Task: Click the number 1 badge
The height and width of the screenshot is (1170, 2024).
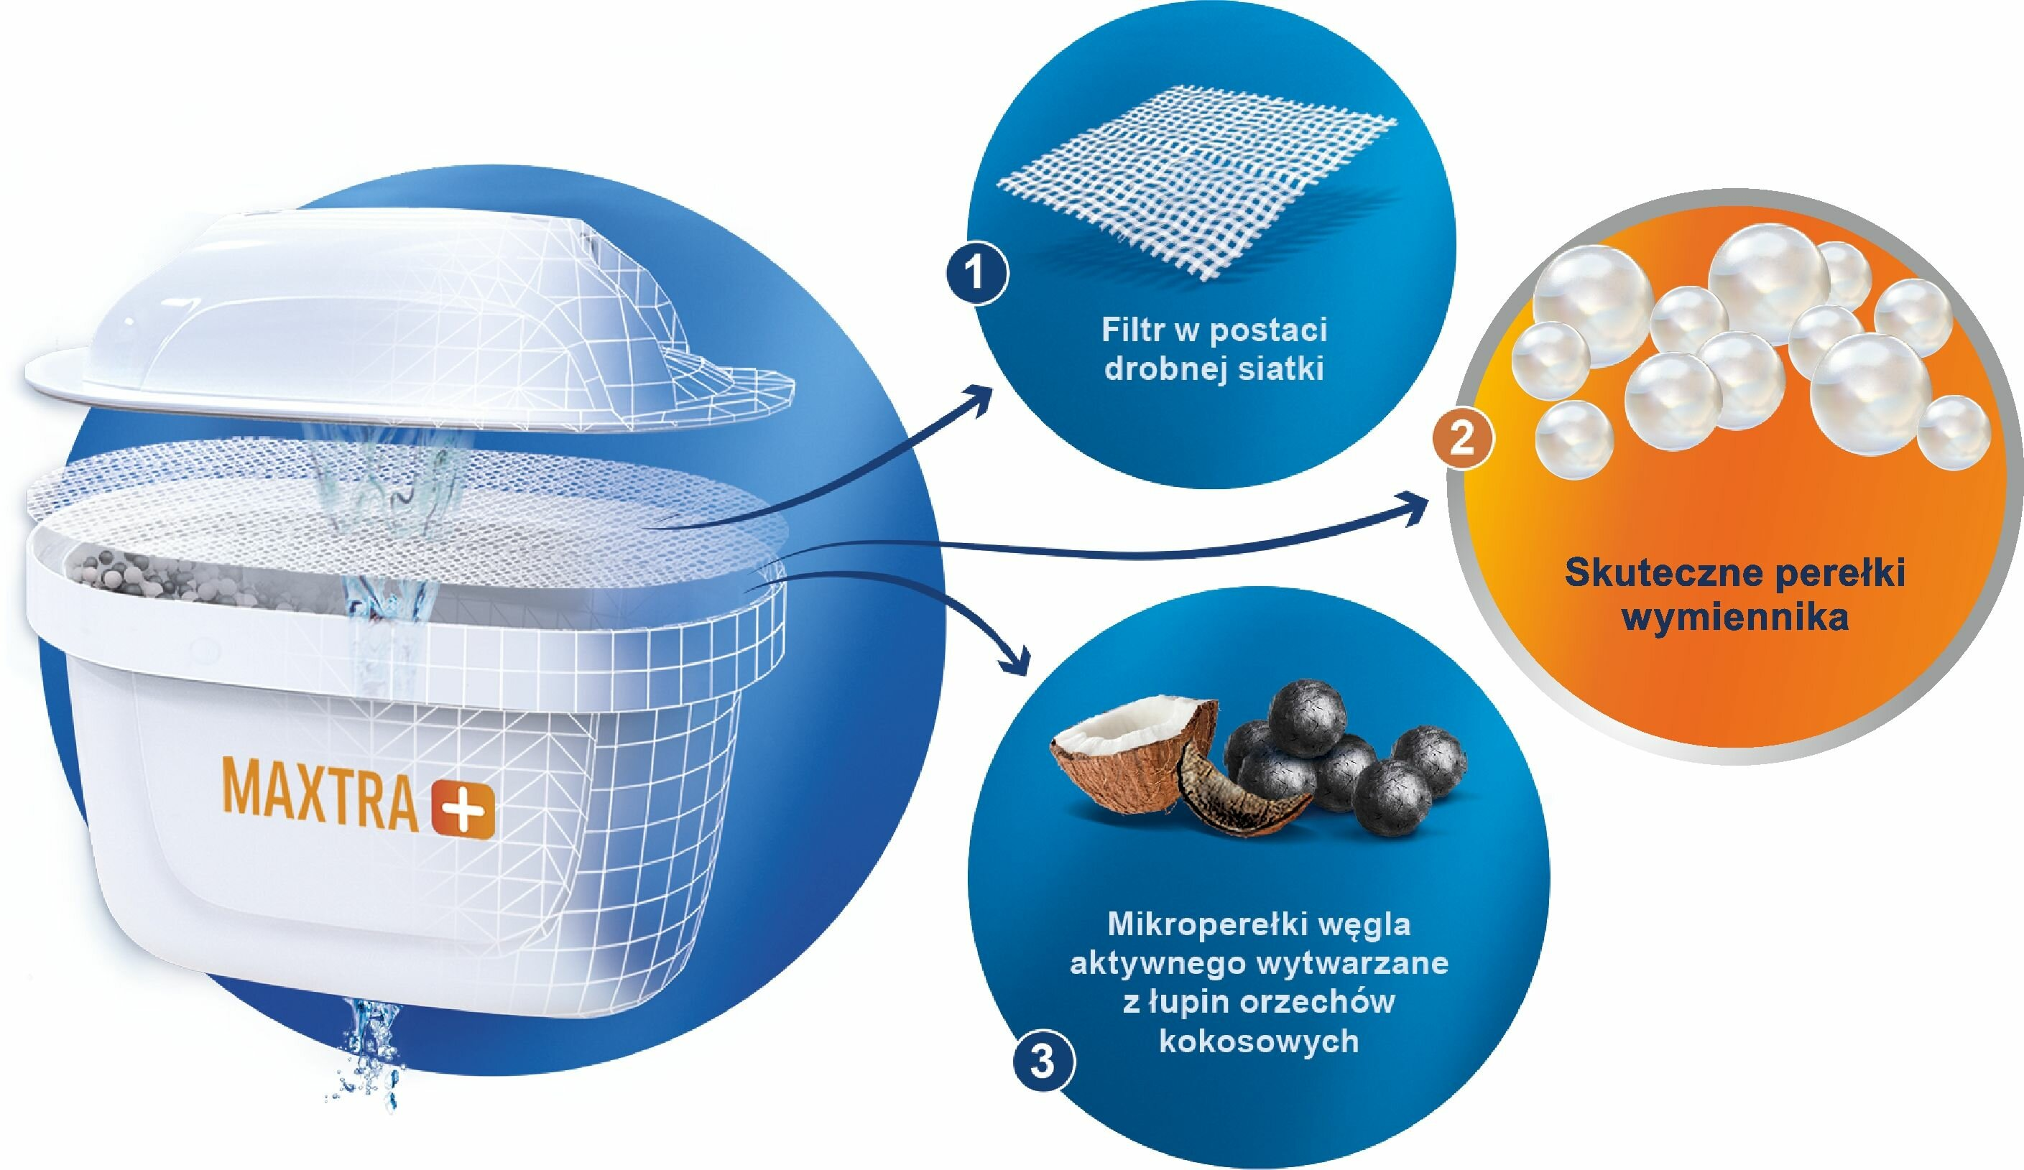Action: tap(976, 275)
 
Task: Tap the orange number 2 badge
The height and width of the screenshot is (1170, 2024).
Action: tap(1461, 440)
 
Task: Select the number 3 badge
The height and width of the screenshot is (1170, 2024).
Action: tap(1042, 1062)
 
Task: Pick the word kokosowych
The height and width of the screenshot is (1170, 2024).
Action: tap(1259, 1041)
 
